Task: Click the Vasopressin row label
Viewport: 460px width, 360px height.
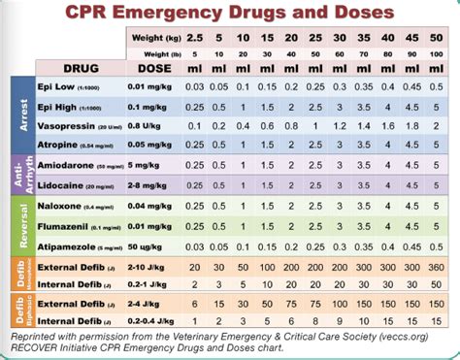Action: click(x=67, y=124)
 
